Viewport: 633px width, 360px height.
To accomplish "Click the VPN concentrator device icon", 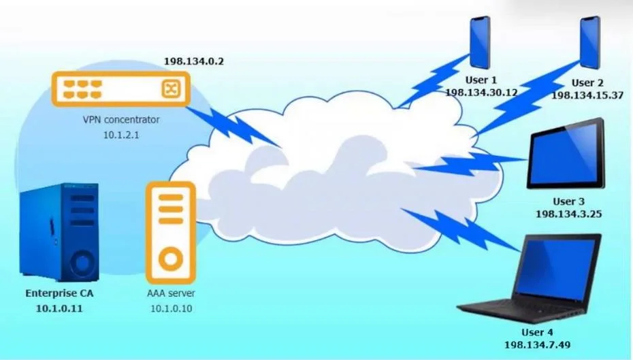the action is [x=120, y=88].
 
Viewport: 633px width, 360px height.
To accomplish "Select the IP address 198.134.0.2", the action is [x=194, y=61].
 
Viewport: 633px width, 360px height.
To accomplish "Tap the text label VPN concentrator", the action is [x=121, y=120].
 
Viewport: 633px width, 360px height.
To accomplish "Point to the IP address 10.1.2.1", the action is [x=121, y=135].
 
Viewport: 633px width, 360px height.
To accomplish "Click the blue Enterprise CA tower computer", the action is [x=59, y=232].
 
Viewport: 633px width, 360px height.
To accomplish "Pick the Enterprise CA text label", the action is [x=59, y=293].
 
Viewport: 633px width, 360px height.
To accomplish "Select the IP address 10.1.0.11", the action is [x=59, y=309].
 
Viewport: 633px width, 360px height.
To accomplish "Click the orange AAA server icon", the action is [x=171, y=233].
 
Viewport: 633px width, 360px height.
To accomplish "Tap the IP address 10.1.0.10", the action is [x=171, y=309].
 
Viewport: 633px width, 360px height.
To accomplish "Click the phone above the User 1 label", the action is [x=480, y=42].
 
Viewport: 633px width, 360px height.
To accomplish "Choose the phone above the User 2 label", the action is [x=590, y=42].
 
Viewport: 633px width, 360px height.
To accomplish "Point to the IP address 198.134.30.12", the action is [x=481, y=93].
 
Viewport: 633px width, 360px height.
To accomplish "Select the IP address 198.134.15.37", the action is [x=587, y=95].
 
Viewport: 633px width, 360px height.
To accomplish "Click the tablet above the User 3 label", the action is [x=566, y=154].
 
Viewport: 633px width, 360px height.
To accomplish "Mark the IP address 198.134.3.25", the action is [x=569, y=214].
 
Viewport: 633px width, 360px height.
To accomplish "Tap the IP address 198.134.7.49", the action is [x=537, y=345].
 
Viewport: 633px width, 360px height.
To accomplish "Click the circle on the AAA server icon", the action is [x=171, y=259].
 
